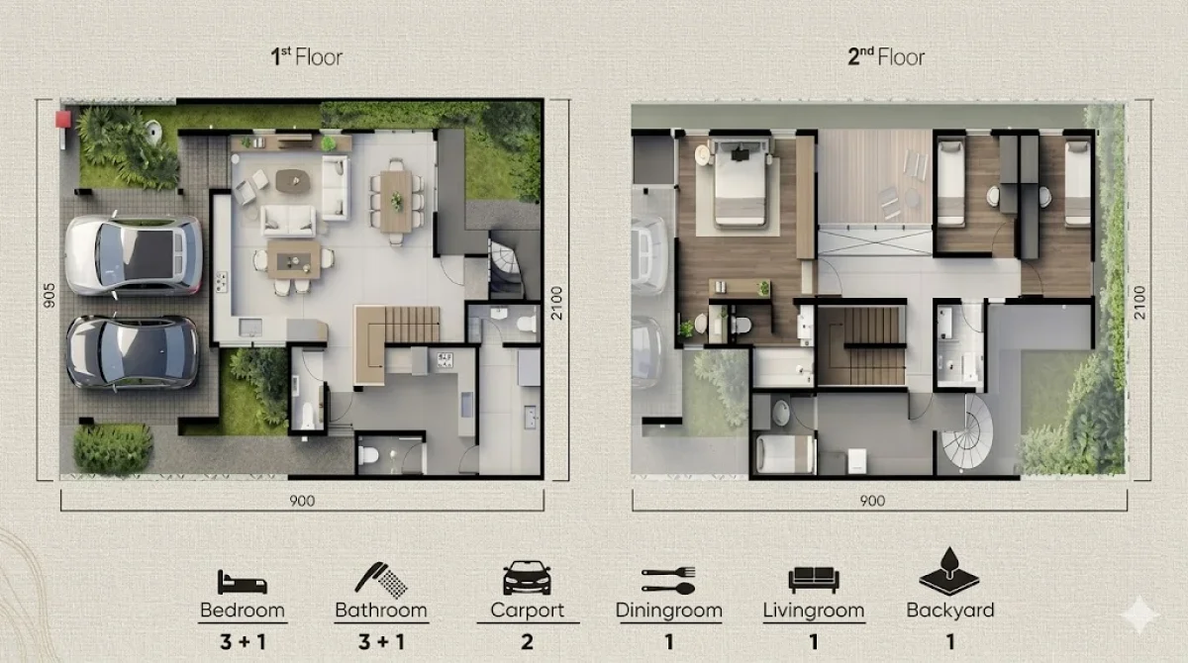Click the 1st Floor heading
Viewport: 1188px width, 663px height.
point(307,56)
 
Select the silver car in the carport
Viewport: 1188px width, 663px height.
point(134,255)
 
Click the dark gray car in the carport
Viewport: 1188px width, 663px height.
point(133,352)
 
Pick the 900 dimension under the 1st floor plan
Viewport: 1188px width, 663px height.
point(303,501)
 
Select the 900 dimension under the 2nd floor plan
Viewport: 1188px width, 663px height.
point(871,501)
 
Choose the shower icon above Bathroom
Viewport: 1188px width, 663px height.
point(380,578)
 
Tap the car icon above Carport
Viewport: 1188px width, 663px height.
point(527,578)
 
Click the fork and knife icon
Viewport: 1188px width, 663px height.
point(668,579)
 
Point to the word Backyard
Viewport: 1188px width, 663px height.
point(949,611)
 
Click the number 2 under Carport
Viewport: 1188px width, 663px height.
point(527,642)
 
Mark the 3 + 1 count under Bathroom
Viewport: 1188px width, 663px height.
point(380,642)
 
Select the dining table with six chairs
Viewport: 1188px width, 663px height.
point(397,199)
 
